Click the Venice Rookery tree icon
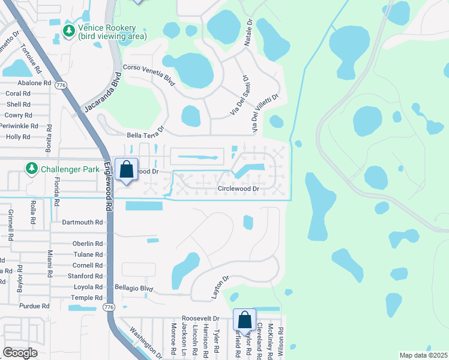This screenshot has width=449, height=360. [x=69, y=31]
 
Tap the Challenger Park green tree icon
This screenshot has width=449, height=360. [x=31, y=169]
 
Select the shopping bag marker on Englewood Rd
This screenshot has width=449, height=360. [x=127, y=170]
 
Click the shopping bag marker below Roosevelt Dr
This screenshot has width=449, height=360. [x=244, y=320]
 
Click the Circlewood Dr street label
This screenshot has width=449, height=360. [x=238, y=188]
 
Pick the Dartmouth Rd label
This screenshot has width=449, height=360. [x=83, y=222]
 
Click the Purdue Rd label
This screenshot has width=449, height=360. [x=34, y=306]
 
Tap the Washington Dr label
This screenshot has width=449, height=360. [x=145, y=342]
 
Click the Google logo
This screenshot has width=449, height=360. [x=20, y=353]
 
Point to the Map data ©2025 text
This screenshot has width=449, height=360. [x=423, y=355]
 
